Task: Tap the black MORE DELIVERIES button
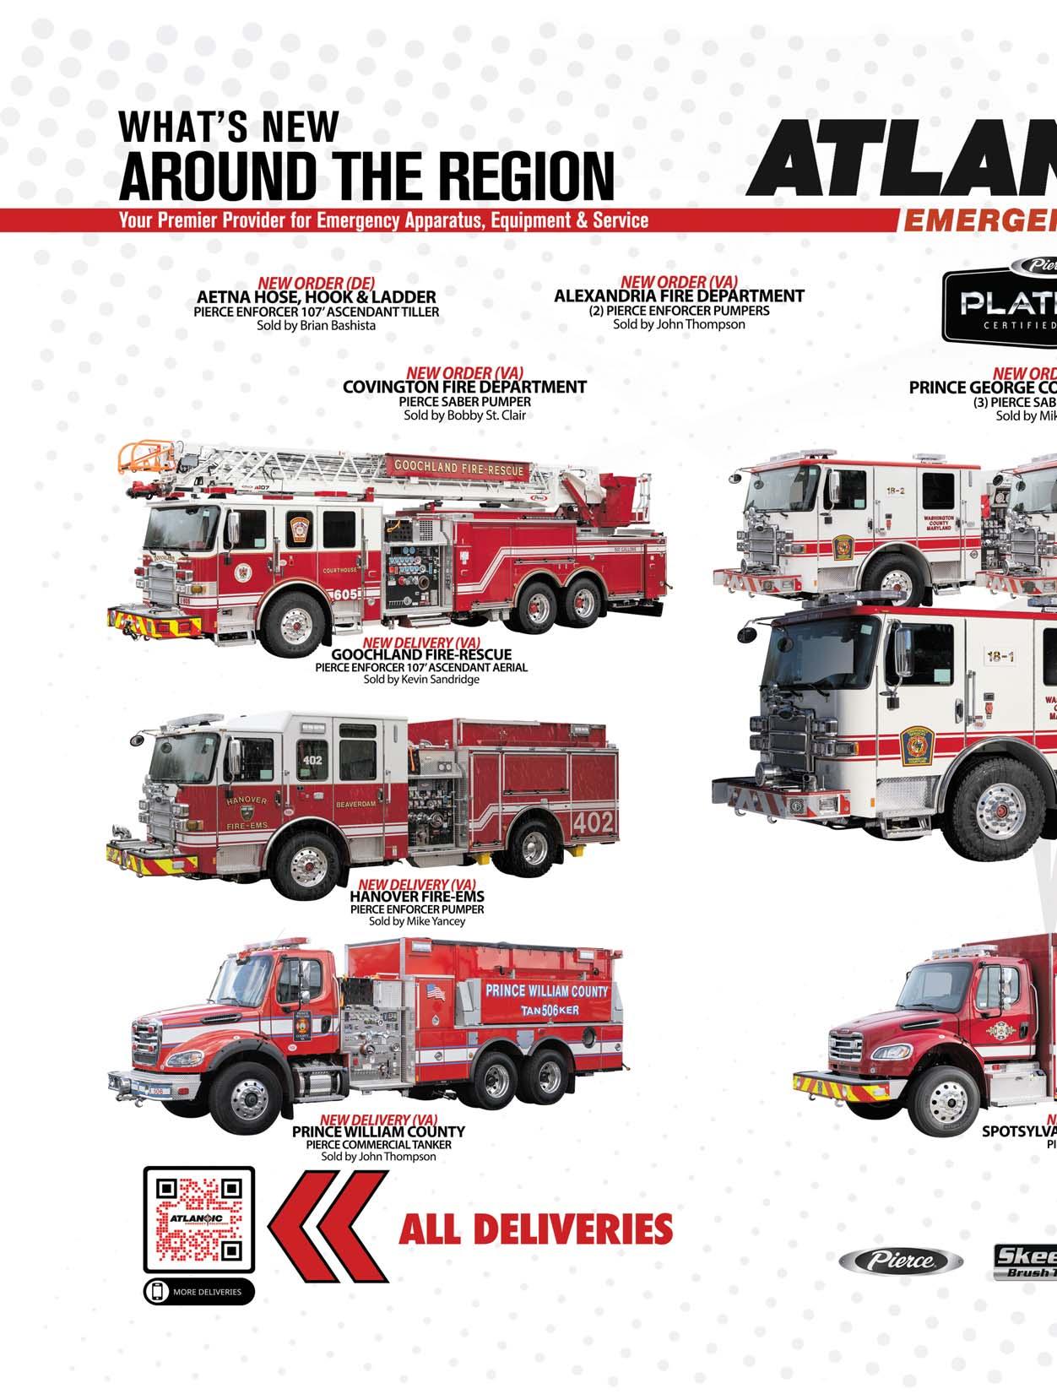[199, 1291]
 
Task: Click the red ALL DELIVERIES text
[535, 1229]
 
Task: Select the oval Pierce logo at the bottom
[901, 1261]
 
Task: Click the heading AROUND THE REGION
[366, 176]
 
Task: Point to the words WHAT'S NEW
[228, 127]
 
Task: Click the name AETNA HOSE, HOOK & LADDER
[316, 297]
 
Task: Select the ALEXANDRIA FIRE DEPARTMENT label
[679, 296]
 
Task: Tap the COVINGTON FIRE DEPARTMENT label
[464, 388]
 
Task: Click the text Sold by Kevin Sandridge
[421, 679]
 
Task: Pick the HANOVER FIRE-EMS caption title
[417, 897]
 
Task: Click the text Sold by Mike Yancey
[417, 921]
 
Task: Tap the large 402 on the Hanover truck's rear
[594, 822]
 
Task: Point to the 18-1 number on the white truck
[1000, 656]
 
